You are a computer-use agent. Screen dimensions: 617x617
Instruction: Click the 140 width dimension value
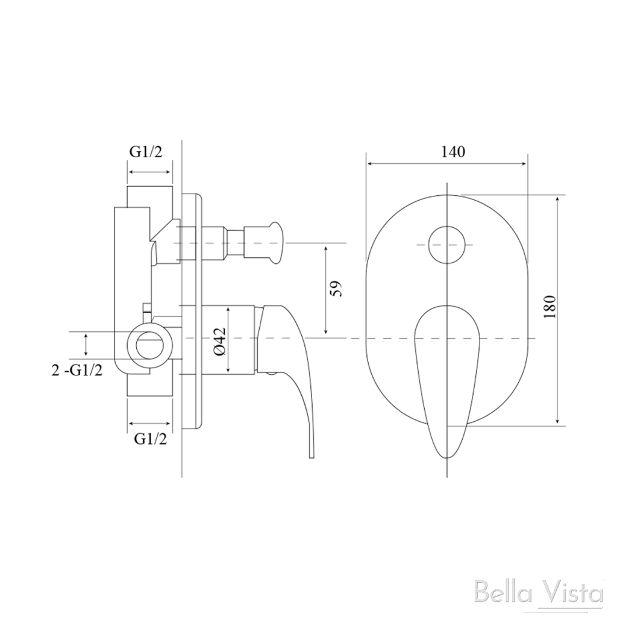tap(453, 152)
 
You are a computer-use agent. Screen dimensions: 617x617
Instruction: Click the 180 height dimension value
tap(548, 308)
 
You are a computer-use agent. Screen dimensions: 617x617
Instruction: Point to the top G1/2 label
tap(146, 152)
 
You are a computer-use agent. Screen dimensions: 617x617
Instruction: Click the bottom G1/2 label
tap(150, 439)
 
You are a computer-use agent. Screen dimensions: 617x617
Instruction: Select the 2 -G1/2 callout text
tap(77, 370)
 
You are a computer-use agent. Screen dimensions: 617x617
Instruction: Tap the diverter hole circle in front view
tap(446, 245)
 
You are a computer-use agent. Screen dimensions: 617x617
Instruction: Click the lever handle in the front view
tap(446, 374)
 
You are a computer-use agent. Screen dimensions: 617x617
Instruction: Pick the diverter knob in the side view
tap(271, 242)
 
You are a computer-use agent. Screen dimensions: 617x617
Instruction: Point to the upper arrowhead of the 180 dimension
tap(558, 199)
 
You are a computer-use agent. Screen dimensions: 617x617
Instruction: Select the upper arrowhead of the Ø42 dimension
tap(228, 308)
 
